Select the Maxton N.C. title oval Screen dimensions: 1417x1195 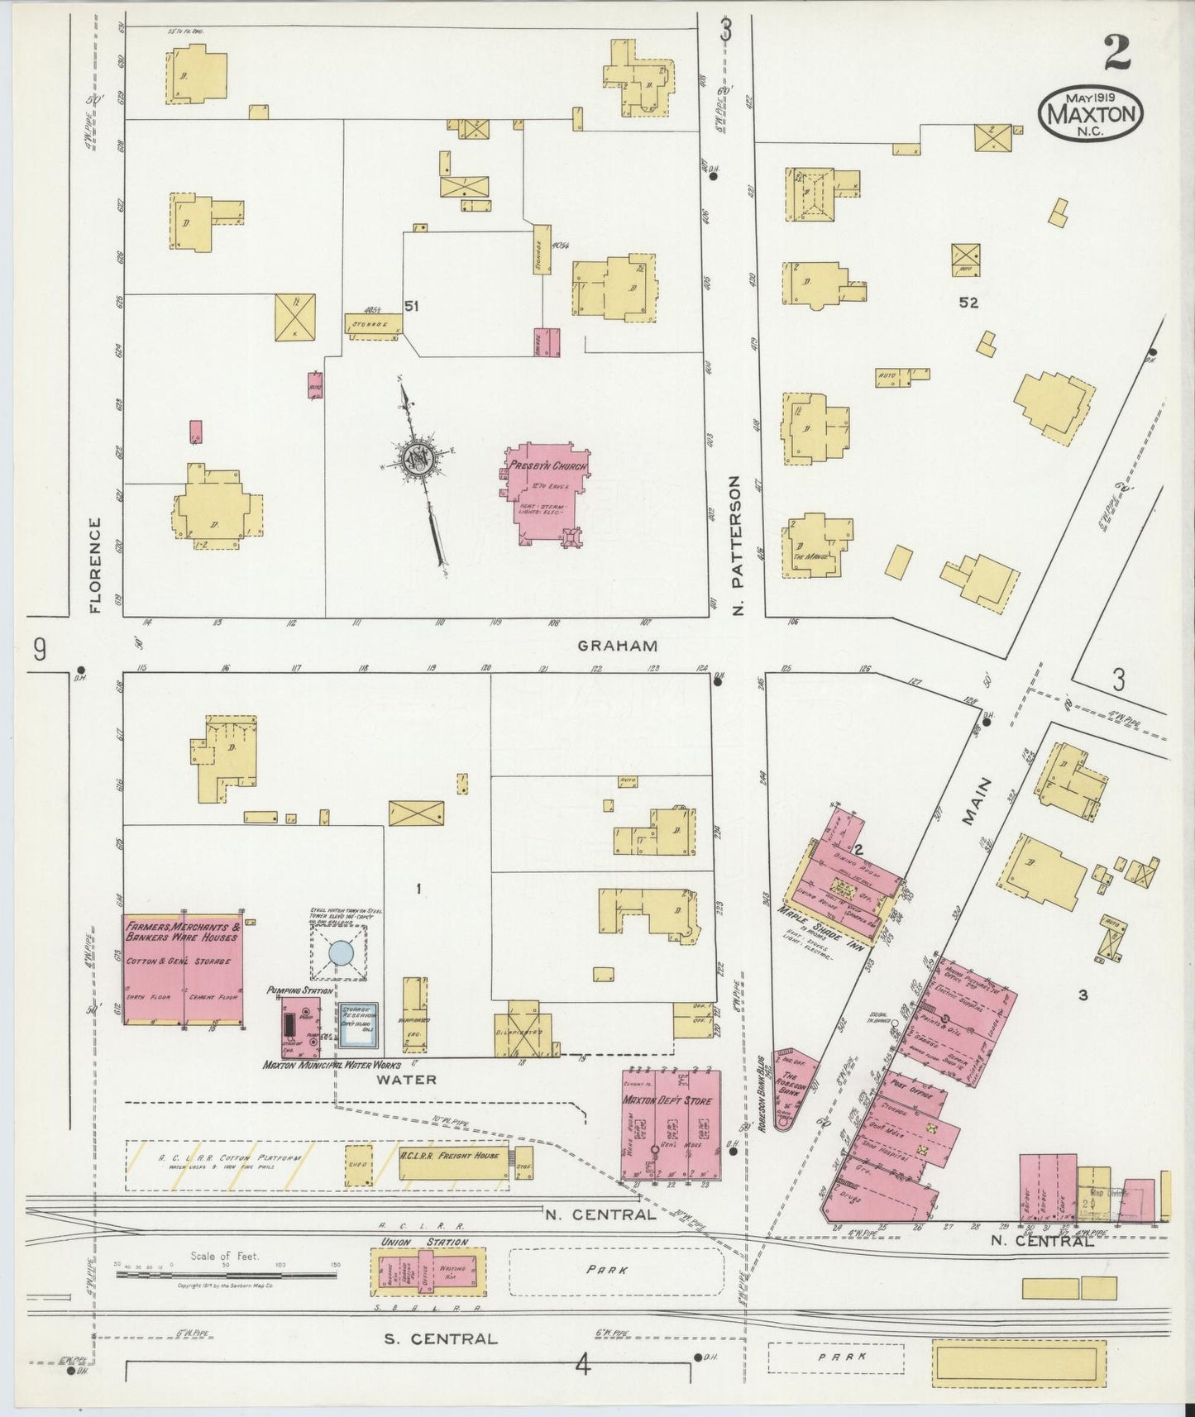pos(1090,114)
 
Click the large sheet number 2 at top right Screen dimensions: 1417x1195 pos(1116,55)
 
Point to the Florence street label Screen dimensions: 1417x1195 pos(94,565)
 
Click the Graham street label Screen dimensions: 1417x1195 pos(617,646)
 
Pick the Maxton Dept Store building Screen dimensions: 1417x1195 pos(671,1125)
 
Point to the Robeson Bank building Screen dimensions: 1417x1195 pos(789,1086)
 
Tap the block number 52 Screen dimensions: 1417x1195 pos(968,303)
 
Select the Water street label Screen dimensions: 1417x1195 pos(406,1079)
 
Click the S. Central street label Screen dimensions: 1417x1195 pos(441,1338)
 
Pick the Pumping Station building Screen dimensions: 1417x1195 pos(300,1026)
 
